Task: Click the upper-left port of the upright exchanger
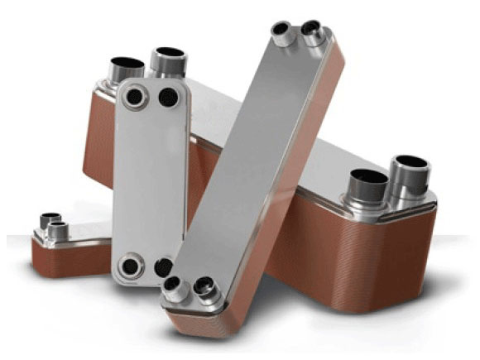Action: (133, 97)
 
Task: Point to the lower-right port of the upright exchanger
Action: (164, 266)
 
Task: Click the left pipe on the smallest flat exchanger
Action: (43, 223)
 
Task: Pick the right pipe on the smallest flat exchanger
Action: (58, 229)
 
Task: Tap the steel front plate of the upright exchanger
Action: (149, 182)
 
